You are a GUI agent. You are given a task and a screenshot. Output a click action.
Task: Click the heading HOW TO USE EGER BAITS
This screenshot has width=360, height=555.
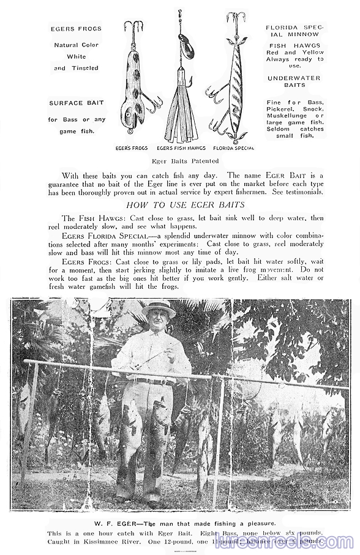point(185,204)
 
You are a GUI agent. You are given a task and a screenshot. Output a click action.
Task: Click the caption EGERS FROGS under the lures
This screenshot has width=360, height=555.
point(131,148)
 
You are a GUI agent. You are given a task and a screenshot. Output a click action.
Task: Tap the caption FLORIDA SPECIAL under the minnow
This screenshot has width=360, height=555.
point(233,148)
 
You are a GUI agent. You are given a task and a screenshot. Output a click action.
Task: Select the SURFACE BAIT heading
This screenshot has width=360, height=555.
point(75,103)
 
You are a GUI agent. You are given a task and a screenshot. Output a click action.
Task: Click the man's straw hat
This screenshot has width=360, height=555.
point(159,308)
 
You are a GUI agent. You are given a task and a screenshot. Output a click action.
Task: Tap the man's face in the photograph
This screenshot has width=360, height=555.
point(159,322)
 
